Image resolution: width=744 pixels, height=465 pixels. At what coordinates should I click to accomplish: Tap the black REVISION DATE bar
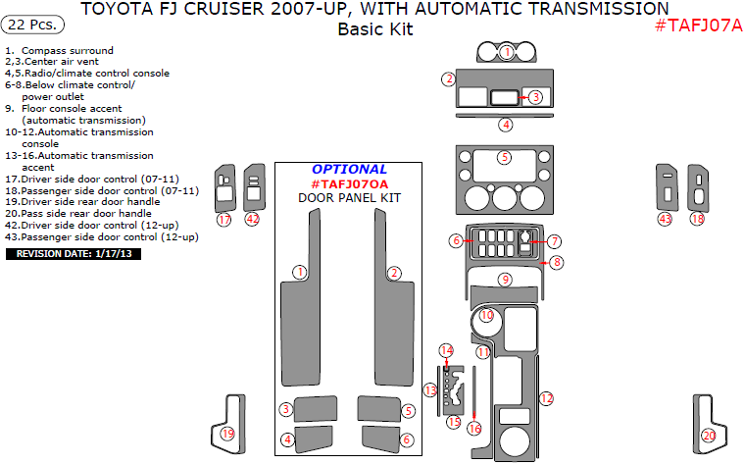coord(74,254)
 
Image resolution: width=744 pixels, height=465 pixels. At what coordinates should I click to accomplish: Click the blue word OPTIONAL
coord(349,170)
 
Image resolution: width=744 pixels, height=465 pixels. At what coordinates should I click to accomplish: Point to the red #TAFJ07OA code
coord(349,183)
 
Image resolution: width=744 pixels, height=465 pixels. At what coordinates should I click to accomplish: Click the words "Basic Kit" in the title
coord(375,29)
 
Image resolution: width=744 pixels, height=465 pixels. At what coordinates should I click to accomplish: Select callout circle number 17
coord(224,220)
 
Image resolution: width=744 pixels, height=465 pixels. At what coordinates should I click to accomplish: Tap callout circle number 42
coord(253,220)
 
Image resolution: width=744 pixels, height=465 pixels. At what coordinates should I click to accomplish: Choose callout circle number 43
coord(666,219)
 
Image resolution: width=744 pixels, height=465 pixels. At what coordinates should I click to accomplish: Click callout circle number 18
coord(697,219)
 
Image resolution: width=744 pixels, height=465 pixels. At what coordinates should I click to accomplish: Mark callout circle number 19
coord(227,434)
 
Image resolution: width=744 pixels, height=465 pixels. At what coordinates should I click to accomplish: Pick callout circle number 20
coord(709,435)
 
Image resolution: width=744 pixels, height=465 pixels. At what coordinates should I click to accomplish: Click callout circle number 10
coord(487,316)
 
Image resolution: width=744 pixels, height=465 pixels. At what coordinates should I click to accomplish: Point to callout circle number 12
coord(547,398)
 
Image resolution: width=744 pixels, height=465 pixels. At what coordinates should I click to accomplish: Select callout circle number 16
coord(474,429)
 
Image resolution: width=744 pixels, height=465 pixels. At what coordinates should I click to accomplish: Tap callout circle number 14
coord(446,350)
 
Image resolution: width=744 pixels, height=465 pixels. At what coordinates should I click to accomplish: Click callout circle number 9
coord(505,280)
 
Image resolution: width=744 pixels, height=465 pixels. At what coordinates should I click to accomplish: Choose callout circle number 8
coord(556,262)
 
